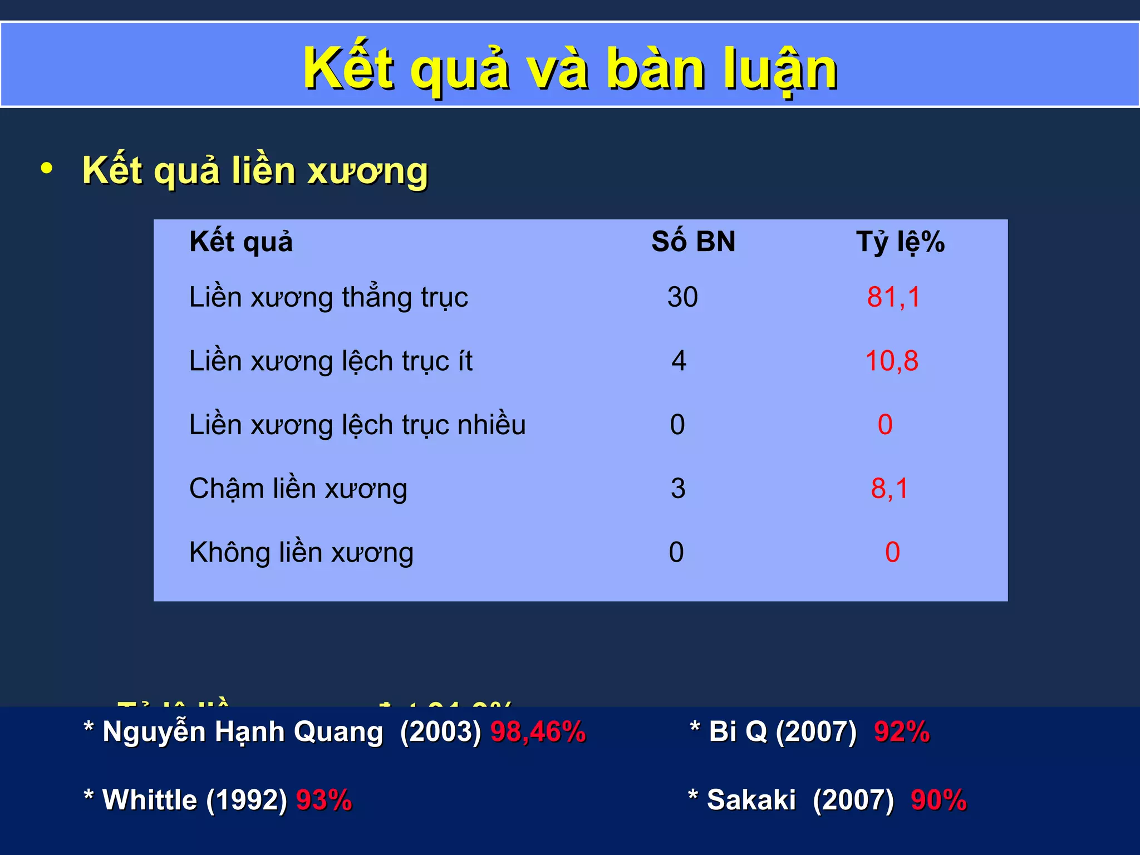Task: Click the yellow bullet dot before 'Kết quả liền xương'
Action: click(47, 168)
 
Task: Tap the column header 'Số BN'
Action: click(693, 242)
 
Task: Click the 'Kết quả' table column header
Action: click(241, 242)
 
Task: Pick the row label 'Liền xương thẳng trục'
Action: click(328, 297)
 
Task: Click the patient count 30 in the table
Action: click(682, 297)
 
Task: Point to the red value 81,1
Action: click(893, 297)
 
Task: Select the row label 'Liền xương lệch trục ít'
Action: click(331, 361)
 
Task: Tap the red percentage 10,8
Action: click(892, 361)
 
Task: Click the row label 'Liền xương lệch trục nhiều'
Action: click(357, 425)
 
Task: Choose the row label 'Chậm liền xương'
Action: click(298, 489)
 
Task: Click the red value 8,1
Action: click(890, 489)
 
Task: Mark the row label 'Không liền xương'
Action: click(301, 553)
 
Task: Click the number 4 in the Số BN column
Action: click(679, 361)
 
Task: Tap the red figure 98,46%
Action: click(538, 731)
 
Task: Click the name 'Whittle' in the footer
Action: click(150, 800)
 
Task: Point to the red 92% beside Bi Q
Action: click(902, 731)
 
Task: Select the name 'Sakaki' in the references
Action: click(751, 800)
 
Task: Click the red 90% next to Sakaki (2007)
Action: click(938, 800)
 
